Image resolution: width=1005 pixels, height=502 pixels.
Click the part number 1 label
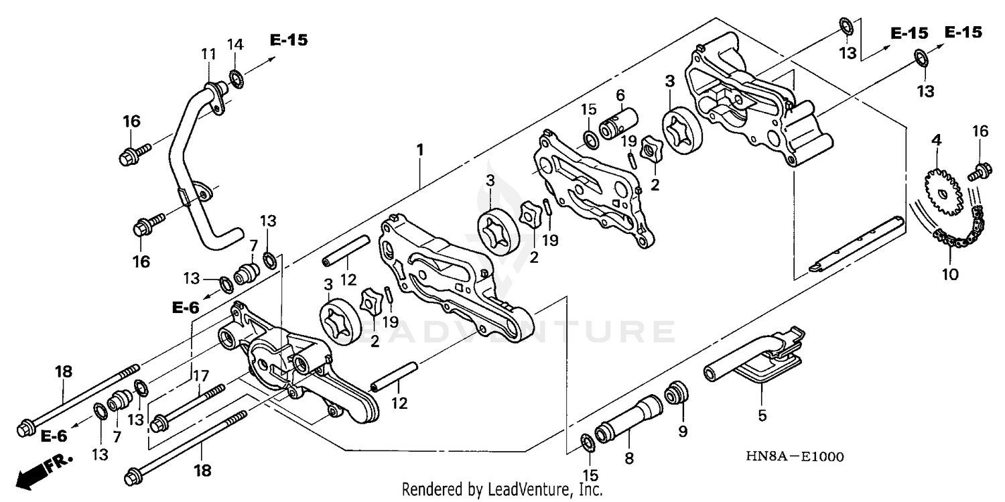tap(419, 151)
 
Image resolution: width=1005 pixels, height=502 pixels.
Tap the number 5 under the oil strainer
tap(762, 416)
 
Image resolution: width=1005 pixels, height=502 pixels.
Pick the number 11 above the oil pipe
tap(208, 54)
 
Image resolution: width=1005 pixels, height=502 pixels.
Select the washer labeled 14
tap(235, 78)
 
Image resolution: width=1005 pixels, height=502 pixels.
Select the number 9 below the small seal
tap(682, 432)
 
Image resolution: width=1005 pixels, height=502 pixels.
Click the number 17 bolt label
tap(201, 377)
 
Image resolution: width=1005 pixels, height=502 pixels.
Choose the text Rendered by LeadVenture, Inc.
tap(502, 490)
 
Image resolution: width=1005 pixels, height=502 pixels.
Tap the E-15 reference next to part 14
tap(289, 40)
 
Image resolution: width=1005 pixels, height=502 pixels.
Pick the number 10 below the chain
tap(950, 275)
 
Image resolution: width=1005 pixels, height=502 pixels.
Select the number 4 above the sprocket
tap(936, 140)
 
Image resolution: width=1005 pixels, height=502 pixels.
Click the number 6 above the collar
tap(620, 96)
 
